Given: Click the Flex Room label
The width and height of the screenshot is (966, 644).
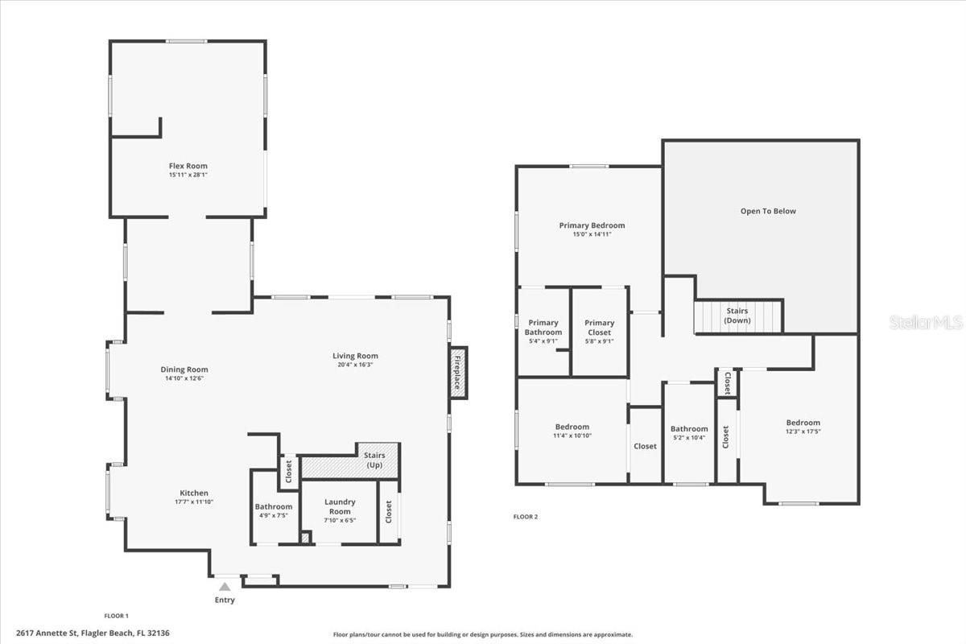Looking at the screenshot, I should pos(188,166).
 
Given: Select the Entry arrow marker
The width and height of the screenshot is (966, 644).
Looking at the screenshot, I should pos(225,588).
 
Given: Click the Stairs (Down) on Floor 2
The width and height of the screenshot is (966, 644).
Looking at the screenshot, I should pos(738,316).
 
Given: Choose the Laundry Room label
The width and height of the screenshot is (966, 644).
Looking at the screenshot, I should pos(339,506).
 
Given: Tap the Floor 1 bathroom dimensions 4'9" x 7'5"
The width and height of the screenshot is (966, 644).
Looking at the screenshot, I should pos(273,515).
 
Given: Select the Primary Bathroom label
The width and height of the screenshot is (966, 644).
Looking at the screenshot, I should pos(543,327).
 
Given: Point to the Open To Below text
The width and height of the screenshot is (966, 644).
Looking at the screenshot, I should pos(768,211).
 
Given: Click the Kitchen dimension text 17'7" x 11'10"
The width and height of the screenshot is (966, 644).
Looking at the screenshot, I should pos(193,502).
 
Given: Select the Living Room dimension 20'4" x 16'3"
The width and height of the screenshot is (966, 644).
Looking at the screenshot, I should pos(355,365).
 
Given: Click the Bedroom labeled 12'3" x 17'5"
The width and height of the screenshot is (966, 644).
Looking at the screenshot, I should pos(803,427).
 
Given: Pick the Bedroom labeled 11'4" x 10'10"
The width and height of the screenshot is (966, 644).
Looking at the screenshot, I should pos(572,431).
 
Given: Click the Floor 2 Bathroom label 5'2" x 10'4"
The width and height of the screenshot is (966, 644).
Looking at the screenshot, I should pos(689,433).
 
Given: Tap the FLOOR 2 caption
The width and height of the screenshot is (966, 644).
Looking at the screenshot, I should pos(526,517).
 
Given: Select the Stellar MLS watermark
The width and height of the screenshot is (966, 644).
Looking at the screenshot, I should pos(926,322).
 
